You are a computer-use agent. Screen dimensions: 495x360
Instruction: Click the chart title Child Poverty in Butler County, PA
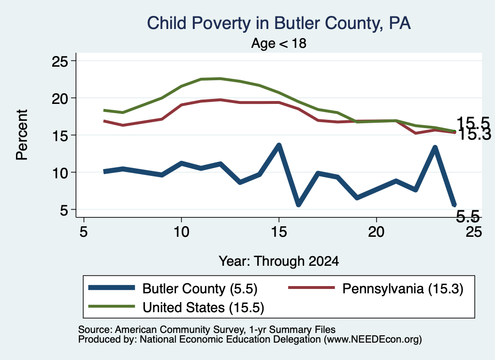point(279,23)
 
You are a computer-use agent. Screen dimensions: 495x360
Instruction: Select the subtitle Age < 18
point(279,43)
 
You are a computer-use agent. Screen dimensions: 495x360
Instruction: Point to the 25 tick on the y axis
point(59,61)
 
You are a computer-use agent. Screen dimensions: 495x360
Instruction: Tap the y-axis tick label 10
point(59,173)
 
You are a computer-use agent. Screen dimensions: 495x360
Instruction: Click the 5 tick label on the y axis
point(64,210)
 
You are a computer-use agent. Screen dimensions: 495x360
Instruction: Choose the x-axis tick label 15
point(279,232)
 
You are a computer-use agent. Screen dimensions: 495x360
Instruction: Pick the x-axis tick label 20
point(376,232)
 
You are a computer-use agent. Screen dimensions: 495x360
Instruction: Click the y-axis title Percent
point(22,135)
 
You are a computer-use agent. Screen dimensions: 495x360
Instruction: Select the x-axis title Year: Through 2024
point(279,261)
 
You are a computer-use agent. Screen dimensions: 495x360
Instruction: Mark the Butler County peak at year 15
point(279,145)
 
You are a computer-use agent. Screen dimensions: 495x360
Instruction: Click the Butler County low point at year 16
point(298,204)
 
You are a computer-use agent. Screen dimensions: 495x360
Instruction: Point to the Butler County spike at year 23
point(435,148)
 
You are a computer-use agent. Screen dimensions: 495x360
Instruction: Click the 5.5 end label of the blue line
point(468,216)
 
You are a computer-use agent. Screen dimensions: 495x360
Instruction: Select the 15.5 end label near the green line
point(468,123)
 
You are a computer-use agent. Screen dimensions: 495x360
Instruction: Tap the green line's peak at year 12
point(220,79)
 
